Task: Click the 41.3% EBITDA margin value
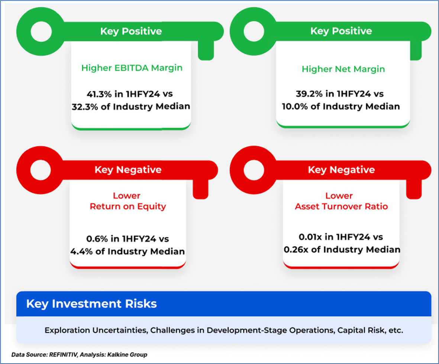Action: click(99, 94)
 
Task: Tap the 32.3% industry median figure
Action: click(85, 107)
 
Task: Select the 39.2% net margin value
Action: click(309, 94)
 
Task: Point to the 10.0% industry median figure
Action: click(295, 106)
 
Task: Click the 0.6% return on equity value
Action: click(97, 239)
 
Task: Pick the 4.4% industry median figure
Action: click(81, 251)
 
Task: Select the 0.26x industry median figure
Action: click(296, 249)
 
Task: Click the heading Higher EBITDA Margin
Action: click(132, 68)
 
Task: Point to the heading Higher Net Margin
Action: click(343, 69)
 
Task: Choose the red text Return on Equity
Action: click(127, 207)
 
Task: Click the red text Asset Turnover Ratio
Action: click(341, 207)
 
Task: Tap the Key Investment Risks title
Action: click(91, 304)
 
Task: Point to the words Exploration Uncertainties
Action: click(96, 331)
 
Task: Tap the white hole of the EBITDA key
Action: click(41, 31)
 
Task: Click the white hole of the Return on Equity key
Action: click(41, 170)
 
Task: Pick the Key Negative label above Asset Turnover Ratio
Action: click(341, 170)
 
